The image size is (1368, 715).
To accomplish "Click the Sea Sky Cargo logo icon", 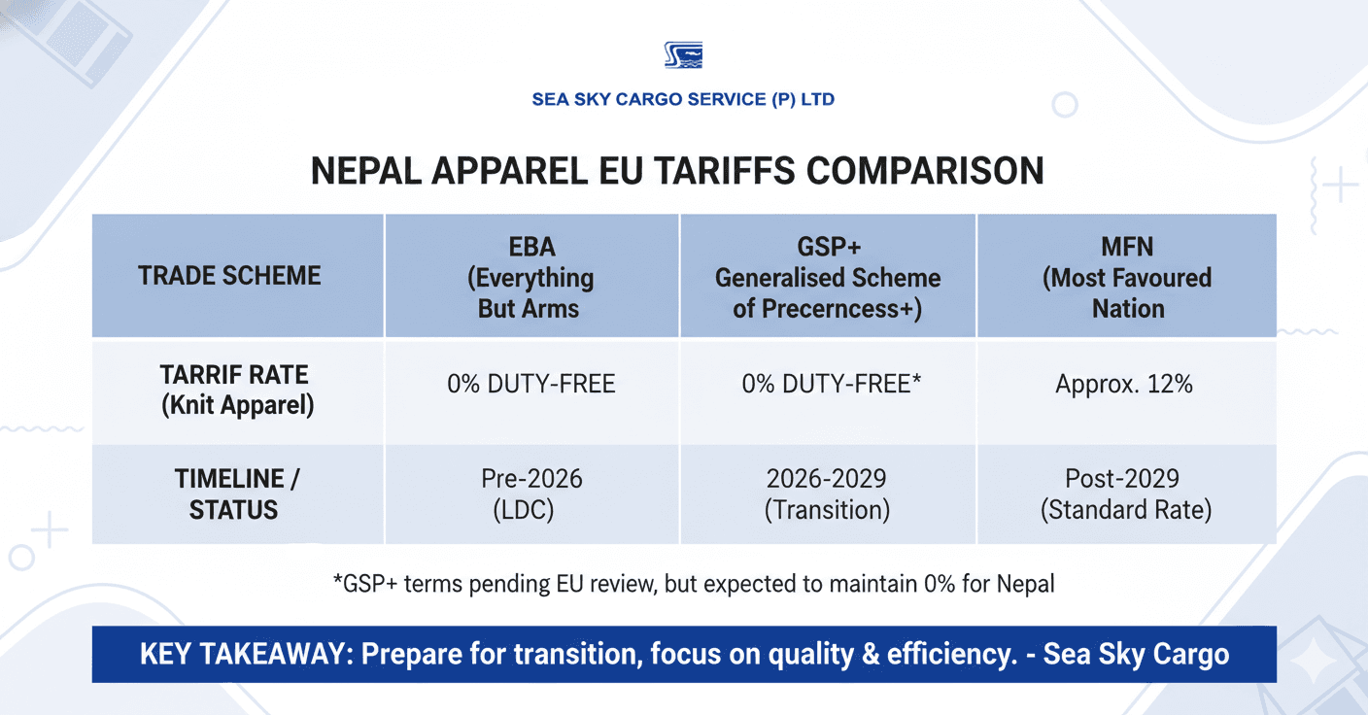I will (x=683, y=55).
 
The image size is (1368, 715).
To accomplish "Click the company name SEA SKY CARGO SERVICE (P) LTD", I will (x=683, y=99).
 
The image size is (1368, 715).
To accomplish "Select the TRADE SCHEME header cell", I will (x=229, y=276).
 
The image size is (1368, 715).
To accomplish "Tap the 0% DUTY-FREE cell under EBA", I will (x=530, y=384).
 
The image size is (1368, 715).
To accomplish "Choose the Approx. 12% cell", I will (x=1123, y=384).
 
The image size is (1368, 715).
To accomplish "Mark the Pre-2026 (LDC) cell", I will (x=530, y=494).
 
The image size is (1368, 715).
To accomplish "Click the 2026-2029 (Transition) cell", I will (x=828, y=494).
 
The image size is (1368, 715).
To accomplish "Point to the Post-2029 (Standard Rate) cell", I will (x=1126, y=494).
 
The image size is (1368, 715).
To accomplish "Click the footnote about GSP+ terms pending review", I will (x=693, y=584).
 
